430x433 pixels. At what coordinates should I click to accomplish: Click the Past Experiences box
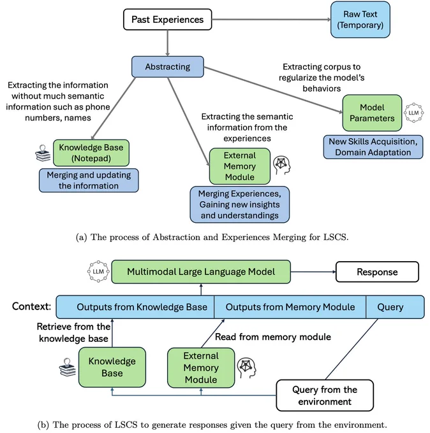[x=167, y=19]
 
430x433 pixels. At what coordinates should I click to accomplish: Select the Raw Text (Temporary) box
[x=360, y=19]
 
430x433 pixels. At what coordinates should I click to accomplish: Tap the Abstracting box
[x=168, y=67]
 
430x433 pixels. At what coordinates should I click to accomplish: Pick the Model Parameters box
[x=372, y=113]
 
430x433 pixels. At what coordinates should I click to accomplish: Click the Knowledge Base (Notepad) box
[x=91, y=153]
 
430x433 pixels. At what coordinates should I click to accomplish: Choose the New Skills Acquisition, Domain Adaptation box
[x=373, y=147]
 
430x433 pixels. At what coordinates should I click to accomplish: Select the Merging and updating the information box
[x=89, y=180]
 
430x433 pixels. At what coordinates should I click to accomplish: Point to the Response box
[x=377, y=272]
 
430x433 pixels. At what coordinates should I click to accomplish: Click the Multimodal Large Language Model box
[x=201, y=272]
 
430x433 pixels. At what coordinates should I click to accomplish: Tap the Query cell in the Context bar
[x=395, y=307]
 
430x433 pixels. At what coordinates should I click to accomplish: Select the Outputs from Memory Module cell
[x=290, y=307]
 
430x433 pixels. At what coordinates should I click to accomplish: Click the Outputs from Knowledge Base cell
[x=135, y=307]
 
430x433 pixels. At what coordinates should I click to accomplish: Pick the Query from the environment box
[x=325, y=395]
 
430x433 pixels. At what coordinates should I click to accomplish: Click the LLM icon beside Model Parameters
[x=413, y=113]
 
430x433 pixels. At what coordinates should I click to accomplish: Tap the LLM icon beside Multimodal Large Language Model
[x=98, y=271]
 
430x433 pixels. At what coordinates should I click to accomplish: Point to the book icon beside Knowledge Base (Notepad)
[x=43, y=153]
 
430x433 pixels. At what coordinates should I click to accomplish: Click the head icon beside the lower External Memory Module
[x=246, y=367]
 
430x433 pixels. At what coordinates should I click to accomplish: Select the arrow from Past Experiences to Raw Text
[x=271, y=19]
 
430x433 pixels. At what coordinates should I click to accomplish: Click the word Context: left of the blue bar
[x=31, y=306]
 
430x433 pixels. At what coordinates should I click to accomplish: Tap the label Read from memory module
[x=273, y=337]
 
